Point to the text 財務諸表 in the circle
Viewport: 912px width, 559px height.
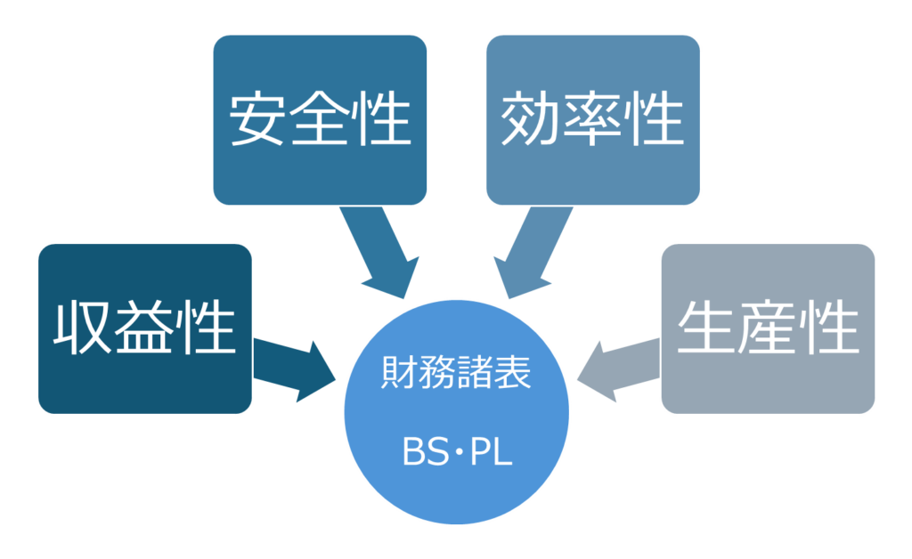click(x=456, y=373)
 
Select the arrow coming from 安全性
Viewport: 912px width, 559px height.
click(x=378, y=249)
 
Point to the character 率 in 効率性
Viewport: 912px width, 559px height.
click(x=593, y=119)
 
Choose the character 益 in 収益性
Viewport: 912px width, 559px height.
click(x=144, y=328)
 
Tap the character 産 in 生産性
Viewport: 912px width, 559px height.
click(x=768, y=328)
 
